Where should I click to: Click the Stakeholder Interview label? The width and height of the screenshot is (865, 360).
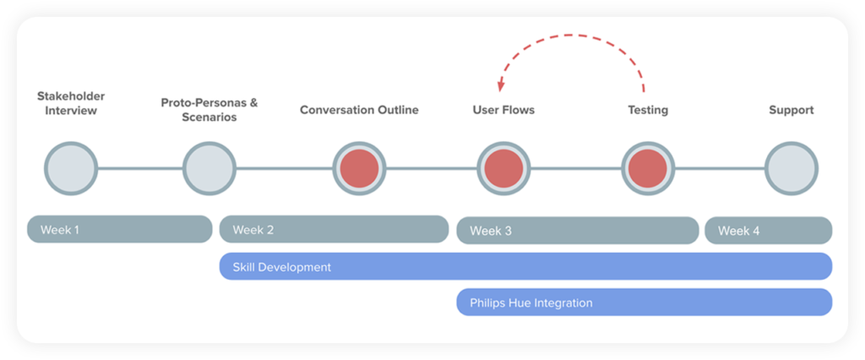[x=71, y=103]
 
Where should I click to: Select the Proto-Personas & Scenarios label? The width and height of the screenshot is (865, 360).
[x=209, y=110]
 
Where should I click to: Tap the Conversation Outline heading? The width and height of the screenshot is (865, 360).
[x=359, y=110]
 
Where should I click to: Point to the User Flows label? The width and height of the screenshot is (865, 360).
[x=503, y=110]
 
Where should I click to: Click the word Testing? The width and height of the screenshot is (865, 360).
[x=648, y=110]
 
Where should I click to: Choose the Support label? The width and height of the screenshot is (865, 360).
[x=792, y=110]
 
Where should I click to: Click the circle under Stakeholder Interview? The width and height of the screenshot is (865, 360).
[x=71, y=168]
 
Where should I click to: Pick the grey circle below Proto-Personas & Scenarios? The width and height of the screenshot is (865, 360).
[x=209, y=168]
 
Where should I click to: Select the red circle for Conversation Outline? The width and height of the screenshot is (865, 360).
[x=359, y=168]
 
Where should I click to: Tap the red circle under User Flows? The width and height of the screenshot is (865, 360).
[x=503, y=168]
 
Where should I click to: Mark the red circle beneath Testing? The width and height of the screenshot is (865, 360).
[x=648, y=168]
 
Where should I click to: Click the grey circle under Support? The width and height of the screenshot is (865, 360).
[x=792, y=168]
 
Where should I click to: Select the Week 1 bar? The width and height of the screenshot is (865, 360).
[x=119, y=229]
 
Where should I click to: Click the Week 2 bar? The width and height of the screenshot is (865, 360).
[x=334, y=229]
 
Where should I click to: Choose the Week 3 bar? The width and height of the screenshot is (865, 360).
[x=577, y=231]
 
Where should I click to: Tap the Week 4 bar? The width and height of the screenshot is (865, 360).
[x=768, y=231]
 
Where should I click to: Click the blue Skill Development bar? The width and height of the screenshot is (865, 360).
[x=525, y=266]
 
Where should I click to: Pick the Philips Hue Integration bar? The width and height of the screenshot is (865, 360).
[x=644, y=303]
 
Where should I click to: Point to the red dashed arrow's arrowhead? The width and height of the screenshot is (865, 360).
[x=501, y=86]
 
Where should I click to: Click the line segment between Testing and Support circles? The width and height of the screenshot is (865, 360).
[x=720, y=168]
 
